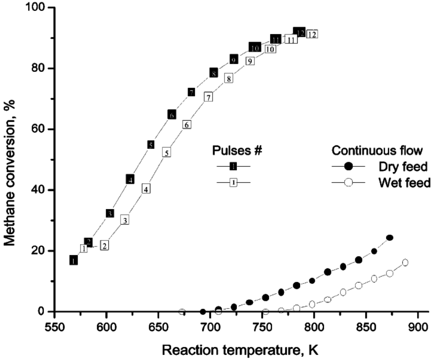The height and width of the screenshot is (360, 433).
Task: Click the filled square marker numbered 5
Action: [x=151, y=145]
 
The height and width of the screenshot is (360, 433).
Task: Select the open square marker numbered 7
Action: [x=208, y=97]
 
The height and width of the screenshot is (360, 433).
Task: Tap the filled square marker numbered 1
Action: [x=74, y=261]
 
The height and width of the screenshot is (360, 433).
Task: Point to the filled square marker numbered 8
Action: [x=214, y=73]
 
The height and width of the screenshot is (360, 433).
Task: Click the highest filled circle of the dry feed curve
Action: [x=389, y=238]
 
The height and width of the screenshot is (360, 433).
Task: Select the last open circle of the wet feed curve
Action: [x=405, y=262]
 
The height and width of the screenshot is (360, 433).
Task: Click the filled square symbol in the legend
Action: [x=233, y=166]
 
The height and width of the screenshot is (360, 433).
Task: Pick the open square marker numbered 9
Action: [x=250, y=61]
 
